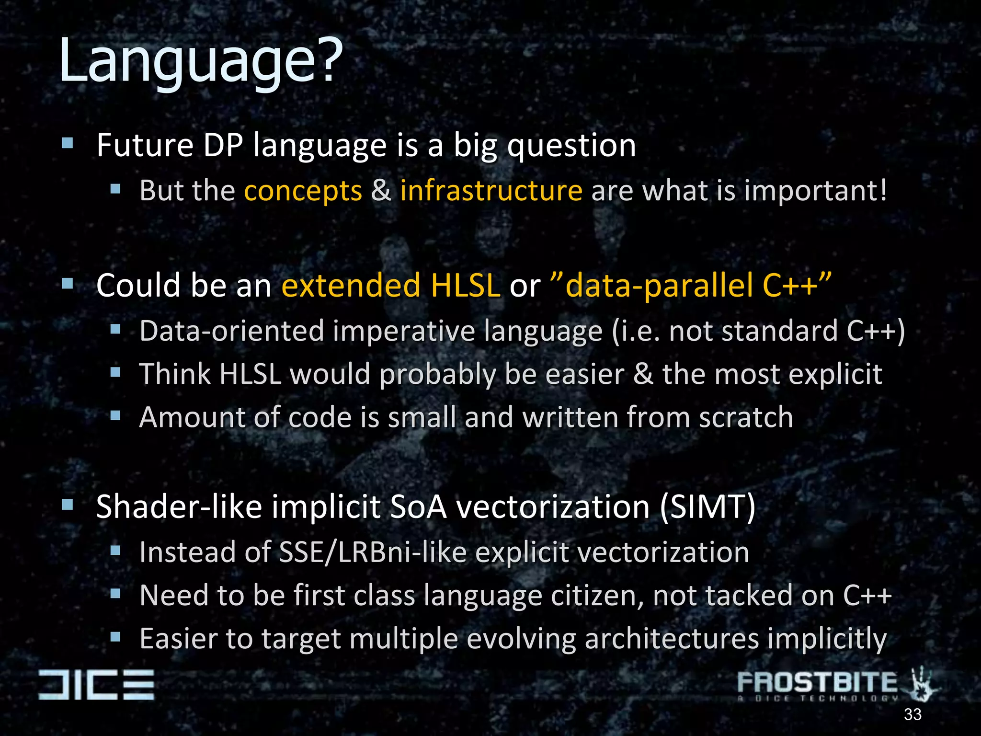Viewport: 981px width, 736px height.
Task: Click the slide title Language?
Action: (x=201, y=61)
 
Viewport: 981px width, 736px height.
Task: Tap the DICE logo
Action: (x=96, y=685)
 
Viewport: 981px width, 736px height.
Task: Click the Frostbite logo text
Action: (x=817, y=682)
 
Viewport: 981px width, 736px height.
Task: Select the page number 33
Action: (x=913, y=714)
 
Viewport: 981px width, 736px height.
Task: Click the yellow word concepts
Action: (x=303, y=191)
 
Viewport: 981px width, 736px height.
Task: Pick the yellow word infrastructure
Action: (x=491, y=191)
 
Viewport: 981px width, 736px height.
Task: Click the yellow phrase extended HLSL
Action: (x=391, y=285)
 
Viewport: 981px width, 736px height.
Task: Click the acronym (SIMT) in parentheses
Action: (x=707, y=507)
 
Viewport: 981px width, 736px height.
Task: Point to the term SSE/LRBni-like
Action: (x=373, y=552)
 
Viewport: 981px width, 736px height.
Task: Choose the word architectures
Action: (x=672, y=639)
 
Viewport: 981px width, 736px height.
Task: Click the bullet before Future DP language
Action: (x=68, y=143)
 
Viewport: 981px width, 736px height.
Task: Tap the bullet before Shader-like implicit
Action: (x=68, y=505)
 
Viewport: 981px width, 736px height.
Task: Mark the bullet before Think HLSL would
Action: (x=115, y=372)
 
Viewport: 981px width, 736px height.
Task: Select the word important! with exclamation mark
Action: (x=815, y=191)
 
